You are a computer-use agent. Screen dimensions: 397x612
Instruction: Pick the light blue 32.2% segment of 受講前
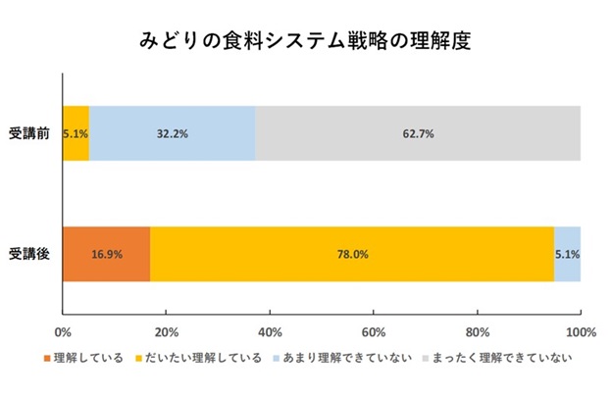coord(173,133)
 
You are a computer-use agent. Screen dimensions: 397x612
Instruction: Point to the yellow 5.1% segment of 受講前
coord(76,133)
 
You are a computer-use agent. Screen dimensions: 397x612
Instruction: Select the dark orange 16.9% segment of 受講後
coord(106,254)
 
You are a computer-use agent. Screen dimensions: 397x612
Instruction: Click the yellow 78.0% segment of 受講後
coord(352,254)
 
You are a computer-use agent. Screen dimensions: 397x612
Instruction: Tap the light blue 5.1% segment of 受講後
coord(567,254)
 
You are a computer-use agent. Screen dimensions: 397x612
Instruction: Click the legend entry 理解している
coord(87,358)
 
